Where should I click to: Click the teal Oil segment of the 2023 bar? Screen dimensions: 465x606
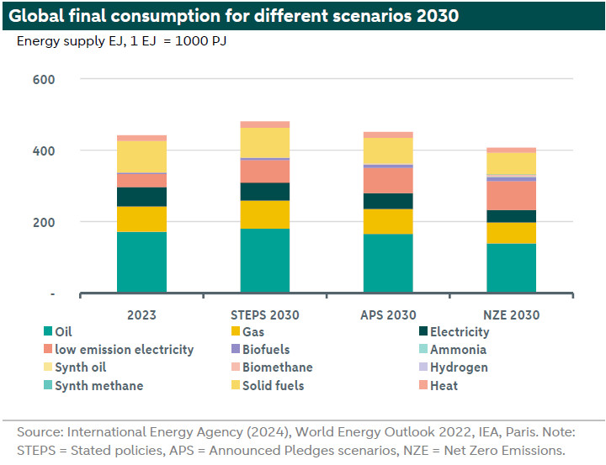click(x=141, y=262)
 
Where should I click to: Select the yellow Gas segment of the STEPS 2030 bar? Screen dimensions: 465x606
click(x=265, y=214)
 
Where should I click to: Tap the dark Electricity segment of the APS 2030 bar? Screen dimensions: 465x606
click(x=388, y=201)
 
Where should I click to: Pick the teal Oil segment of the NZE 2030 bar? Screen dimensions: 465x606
click(x=512, y=268)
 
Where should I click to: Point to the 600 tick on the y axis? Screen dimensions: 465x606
click(x=44, y=80)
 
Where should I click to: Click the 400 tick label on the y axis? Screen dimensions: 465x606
click(x=44, y=151)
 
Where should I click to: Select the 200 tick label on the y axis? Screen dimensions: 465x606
click(x=44, y=223)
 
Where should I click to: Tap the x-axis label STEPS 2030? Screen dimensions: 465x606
click(x=265, y=315)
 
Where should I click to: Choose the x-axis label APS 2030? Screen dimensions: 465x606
click(x=388, y=315)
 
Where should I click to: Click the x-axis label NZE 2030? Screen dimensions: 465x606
click(x=511, y=315)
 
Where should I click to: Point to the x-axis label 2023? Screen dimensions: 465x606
click(x=141, y=315)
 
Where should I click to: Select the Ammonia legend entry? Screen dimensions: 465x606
click(x=458, y=350)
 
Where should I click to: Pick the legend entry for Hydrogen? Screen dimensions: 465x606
click(x=459, y=367)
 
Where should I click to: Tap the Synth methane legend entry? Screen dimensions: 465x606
click(x=98, y=386)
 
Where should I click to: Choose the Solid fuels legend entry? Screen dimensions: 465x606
click(x=273, y=386)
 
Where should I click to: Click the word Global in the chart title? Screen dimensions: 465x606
click(x=38, y=15)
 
